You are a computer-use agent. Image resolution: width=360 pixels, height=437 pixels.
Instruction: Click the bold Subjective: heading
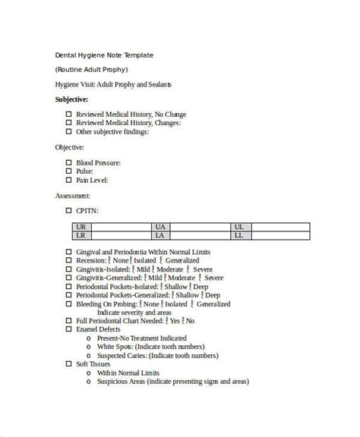click(x=71, y=99)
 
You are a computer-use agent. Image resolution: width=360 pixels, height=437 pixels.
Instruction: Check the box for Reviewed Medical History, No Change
click(x=68, y=115)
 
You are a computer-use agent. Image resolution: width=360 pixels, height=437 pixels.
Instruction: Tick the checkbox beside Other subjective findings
click(x=68, y=131)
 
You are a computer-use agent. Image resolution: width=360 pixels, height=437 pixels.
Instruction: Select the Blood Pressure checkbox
click(x=68, y=162)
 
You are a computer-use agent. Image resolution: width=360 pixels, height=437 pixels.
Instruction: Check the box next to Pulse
click(x=68, y=171)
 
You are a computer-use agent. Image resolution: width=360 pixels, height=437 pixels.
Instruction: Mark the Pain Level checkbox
click(x=68, y=180)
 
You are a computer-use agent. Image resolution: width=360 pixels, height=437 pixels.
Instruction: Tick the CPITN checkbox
click(x=68, y=210)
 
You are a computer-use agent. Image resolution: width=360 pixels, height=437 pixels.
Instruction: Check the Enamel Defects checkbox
click(x=68, y=329)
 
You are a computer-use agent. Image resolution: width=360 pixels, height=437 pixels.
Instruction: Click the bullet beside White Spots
click(x=90, y=347)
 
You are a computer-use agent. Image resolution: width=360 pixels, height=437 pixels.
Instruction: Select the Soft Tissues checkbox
click(x=68, y=364)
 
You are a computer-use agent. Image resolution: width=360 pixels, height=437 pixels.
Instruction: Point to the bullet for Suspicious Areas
click(x=90, y=382)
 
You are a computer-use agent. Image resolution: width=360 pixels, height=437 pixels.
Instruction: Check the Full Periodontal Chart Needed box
click(x=68, y=321)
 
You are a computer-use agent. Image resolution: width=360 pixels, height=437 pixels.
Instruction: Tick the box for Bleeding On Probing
click(x=68, y=303)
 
